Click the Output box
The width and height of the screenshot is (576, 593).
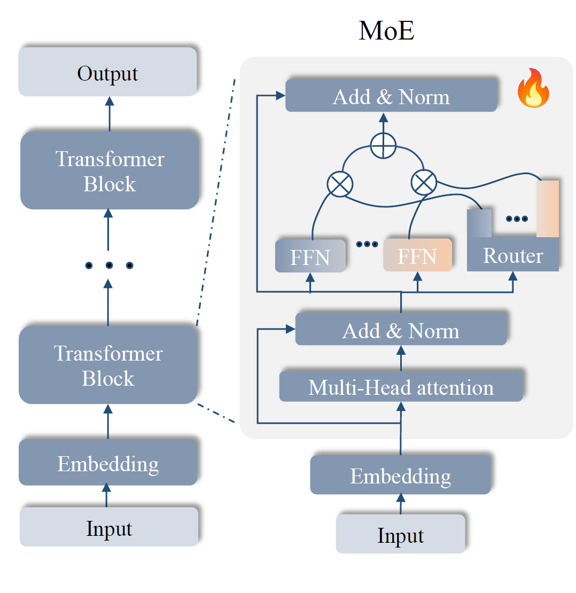[x=107, y=72]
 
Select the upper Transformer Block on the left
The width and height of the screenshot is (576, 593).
[x=110, y=171]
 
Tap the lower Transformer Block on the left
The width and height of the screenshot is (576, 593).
[x=108, y=365]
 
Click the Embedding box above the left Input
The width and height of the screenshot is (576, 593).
[x=108, y=463]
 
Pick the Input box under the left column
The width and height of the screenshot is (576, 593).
[x=109, y=527]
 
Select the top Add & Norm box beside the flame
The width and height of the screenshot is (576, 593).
[x=391, y=97]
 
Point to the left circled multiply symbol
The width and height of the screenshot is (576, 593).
[x=339, y=185]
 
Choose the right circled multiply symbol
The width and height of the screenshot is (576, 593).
[x=423, y=183]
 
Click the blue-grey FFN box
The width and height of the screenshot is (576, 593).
[x=310, y=256]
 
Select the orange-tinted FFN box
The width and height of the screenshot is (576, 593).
[x=417, y=255]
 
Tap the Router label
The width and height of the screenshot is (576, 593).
[x=513, y=255]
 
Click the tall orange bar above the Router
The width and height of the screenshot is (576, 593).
[x=548, y=208]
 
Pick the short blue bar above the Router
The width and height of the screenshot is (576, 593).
[x=479, y=223]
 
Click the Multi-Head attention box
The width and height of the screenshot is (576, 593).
[x=401, y=387]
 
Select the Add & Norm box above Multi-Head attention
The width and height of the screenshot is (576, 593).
[x=401, y=331]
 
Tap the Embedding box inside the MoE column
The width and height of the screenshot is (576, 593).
[x=400, y=475]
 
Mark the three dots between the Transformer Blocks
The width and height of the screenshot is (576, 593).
[x=108, y=265]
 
